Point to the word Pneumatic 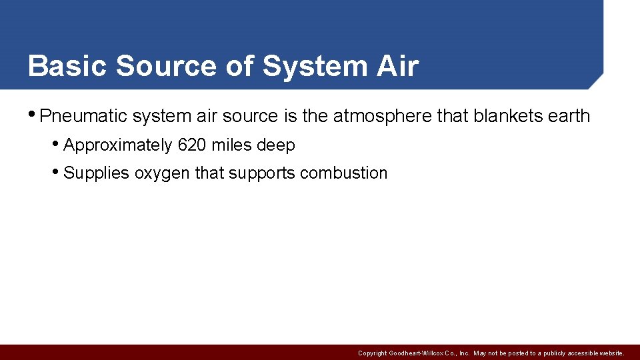coord(83,116)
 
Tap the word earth coord(569,116)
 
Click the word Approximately coord(117,145)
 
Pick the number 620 coord(192,145)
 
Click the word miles coord(231,145)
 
